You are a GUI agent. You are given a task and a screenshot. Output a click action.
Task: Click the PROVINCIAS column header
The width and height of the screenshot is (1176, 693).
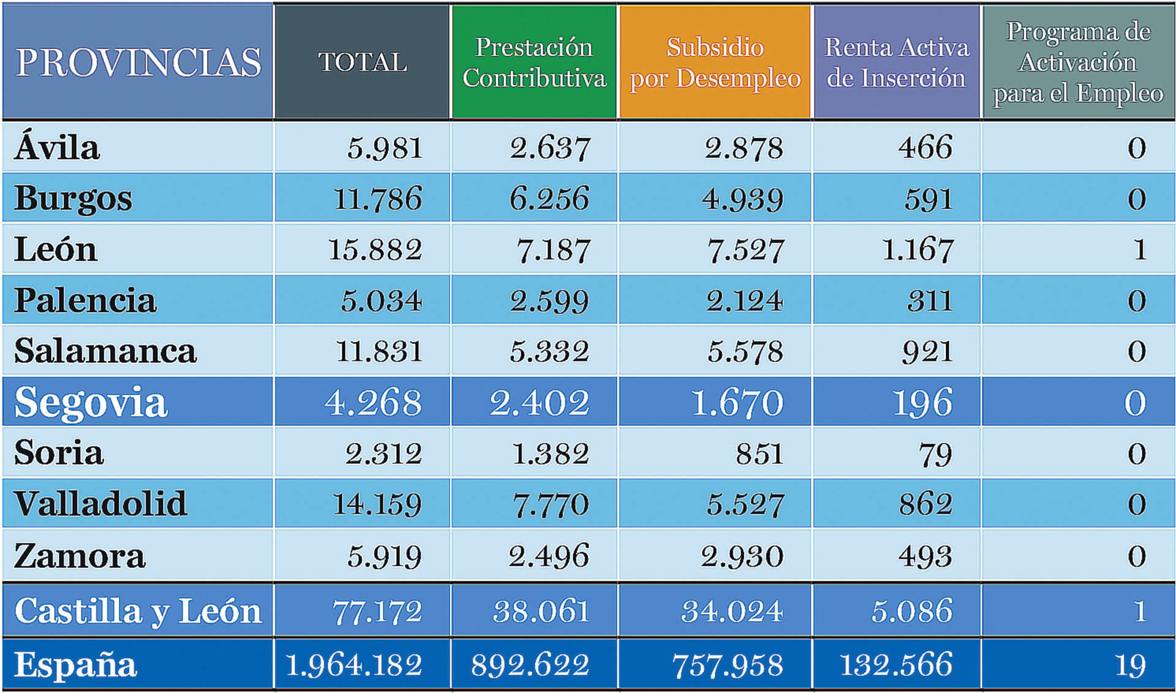[138, 62]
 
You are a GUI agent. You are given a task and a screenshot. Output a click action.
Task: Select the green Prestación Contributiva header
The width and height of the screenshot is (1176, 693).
[534, 62]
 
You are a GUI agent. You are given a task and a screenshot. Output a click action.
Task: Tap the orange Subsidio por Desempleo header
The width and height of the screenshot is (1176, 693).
[715, 62]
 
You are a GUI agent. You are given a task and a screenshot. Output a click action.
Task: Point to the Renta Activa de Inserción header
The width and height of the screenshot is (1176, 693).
[897, 62]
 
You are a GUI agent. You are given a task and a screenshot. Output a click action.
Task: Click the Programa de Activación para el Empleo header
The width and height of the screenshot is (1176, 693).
[1078, 62]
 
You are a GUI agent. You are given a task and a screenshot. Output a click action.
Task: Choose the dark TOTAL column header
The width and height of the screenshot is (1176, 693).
[362, 62]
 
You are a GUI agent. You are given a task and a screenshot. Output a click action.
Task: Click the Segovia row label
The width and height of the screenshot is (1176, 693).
[91, 403]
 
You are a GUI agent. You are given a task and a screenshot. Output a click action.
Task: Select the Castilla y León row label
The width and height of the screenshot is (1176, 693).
[138, 611]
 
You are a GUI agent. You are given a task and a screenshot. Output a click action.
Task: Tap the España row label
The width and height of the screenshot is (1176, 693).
[75, 665]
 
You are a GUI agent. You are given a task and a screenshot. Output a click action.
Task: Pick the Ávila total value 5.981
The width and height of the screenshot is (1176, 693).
[385, 148]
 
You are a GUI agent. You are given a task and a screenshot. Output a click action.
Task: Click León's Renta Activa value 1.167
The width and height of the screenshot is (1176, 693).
[917, 249]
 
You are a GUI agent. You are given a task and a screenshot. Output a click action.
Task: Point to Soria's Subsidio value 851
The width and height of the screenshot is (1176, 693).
[759, 454]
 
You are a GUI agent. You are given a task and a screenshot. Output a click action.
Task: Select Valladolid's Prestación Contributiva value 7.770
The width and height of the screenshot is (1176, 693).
[550, 505]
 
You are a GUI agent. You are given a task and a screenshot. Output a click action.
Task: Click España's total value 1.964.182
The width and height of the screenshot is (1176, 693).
[354, 665]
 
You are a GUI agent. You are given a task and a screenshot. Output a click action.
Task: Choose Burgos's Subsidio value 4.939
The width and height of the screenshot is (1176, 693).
[742, 199]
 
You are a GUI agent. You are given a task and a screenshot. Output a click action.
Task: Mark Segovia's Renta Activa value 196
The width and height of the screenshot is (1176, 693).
[922, 403]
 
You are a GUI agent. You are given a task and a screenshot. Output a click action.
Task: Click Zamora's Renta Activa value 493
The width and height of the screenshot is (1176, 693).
[925, 556]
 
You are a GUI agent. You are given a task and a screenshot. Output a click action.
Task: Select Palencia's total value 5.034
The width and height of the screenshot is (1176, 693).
[381, 301]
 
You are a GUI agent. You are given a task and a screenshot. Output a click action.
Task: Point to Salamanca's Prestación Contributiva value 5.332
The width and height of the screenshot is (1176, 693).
[549, 352]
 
